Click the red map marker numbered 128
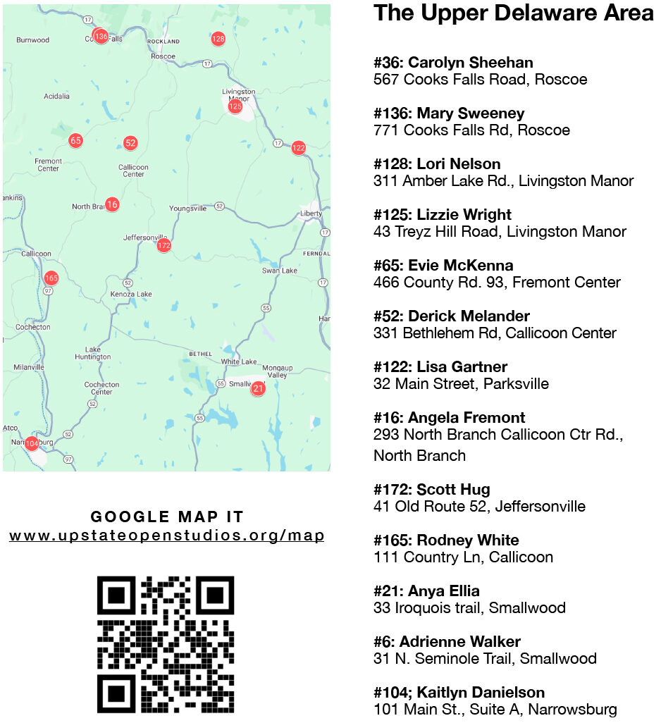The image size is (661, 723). click(218, 39)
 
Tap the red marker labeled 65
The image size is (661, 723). click(75, 140)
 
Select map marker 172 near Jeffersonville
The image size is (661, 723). click(164, 245)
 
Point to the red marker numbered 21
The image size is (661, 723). click(258, 388)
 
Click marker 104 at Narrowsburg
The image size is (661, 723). click(32, 443)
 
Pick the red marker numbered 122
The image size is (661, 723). click(299, 147)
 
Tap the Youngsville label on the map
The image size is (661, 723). click(188, 209)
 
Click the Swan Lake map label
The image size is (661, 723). click(280, 271)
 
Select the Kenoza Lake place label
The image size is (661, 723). click(131, 294)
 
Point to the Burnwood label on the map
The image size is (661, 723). click(33, 40)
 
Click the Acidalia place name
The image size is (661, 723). click(56, 96)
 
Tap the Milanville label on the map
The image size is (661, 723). click(29, 367)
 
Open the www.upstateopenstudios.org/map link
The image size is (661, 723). click(167, 536)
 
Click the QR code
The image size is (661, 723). click(166, 644)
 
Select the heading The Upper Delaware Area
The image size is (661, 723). click(513, 13)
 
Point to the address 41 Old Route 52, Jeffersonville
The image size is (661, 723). click(479, 507)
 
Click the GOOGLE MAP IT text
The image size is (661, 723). click(167, 517)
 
